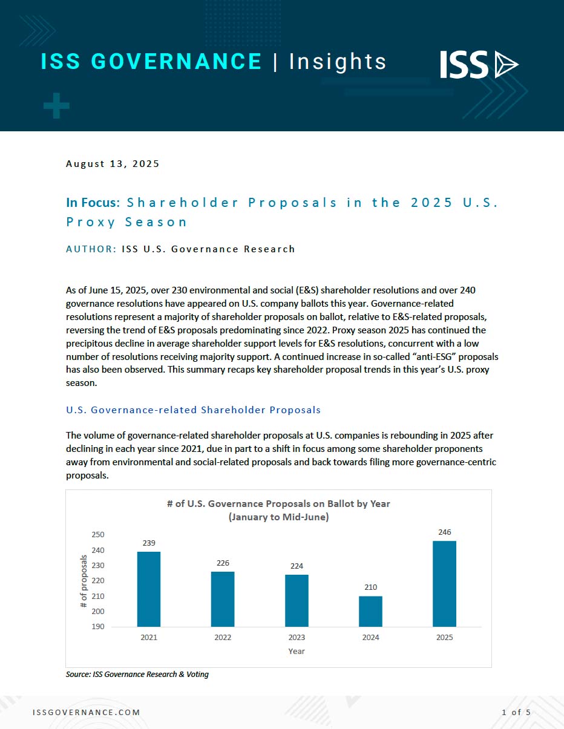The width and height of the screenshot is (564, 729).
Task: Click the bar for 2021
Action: (149, 589)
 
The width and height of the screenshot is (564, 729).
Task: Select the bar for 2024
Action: (370, 611)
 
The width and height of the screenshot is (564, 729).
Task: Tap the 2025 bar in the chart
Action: (444, 583)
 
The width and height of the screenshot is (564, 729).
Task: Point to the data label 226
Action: (223, 563)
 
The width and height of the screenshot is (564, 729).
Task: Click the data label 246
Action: (444, 532)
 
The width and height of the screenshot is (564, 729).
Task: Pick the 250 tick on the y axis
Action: (98, 535)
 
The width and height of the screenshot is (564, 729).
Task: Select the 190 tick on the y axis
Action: (98, 627)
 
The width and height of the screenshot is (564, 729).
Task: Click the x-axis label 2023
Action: (297, 638)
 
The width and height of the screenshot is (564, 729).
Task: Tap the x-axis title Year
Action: (297, 652)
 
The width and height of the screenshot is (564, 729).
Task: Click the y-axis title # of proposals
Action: (84, 581)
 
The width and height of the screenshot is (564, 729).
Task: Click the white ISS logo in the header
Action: (478, 65)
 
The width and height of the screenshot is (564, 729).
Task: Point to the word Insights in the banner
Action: (338, 62)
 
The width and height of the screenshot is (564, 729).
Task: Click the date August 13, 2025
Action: (113, 164)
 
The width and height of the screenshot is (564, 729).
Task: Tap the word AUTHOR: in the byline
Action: (91, 249)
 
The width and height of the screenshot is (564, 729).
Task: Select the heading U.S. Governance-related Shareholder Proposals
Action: (193, 410)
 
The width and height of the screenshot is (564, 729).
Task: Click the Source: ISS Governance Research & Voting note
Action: (137, 674)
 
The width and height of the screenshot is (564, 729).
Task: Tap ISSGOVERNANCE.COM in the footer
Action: (86, 713)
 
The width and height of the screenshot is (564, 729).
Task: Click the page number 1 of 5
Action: (516, 713)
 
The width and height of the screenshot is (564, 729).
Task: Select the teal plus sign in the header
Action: (56, 106)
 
